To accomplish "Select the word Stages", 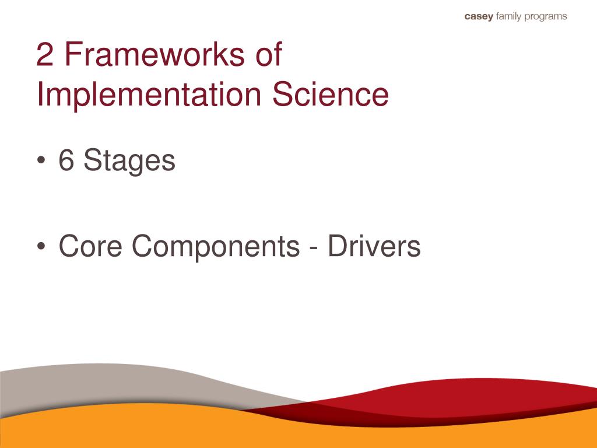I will click(129, 161).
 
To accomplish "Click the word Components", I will click(215, 247).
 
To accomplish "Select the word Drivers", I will click(373, 246).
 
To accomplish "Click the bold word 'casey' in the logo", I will click(478, 17).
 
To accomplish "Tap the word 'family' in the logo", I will click(509, 17).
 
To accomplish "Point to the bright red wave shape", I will click(466, 397).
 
